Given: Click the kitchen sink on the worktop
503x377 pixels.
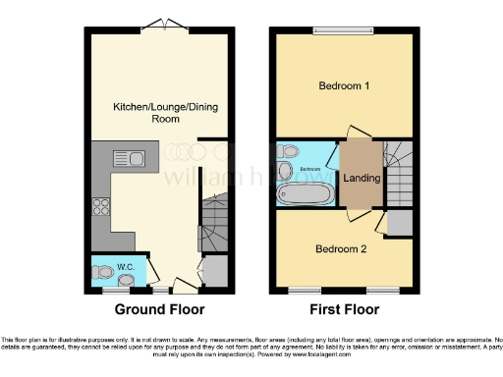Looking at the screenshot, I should [128, 158].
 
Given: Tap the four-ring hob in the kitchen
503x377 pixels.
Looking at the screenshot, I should [100, 206].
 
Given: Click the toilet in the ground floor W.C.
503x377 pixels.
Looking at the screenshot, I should [102, 271].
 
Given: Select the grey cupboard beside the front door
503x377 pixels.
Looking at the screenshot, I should [215, 272].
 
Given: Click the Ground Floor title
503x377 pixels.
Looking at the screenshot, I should [160, 309].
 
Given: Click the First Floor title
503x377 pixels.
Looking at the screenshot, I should [343, 309].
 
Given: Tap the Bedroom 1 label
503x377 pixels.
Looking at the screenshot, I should [344, 86].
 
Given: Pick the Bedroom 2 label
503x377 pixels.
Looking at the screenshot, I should [341, 249].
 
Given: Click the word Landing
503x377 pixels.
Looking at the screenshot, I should [362, 177].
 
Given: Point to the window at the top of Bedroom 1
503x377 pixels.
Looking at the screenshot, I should [344, 31].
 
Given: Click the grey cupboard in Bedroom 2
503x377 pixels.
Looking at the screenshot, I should [400, 223].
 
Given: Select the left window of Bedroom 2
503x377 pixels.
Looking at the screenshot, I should [304, 291].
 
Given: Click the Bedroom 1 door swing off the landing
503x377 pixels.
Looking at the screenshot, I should [358, 132].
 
